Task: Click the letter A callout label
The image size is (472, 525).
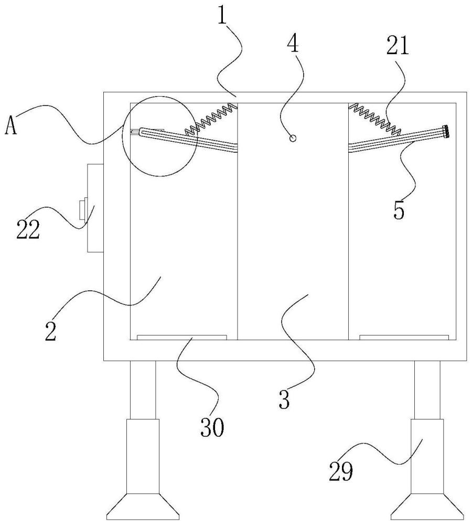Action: (10, 127)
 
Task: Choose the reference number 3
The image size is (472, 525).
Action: (284, 398)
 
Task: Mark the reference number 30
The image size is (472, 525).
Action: (212, 428)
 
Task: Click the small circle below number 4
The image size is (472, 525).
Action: (294, 138)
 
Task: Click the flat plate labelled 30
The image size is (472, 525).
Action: (181, 337)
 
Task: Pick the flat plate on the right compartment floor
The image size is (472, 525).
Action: (404, 337)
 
